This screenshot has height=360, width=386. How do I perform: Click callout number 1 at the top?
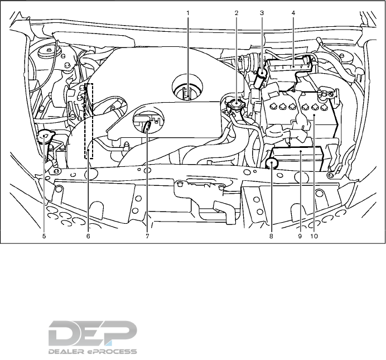(x=188, y=12)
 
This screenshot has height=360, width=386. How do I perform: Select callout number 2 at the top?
(x=237, y=12)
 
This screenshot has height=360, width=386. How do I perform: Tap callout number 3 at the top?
(x=262, y=12)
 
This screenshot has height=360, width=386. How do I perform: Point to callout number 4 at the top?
(x=293, y=12)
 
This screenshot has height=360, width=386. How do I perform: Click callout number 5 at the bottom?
(x=44, y=236)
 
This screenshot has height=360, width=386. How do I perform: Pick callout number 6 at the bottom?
(x=88, y=236)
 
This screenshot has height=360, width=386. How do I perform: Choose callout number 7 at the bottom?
(x=147, y=236)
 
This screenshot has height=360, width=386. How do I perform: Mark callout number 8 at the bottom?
(x=272, y=236)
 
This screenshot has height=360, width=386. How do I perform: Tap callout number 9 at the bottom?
(x=300, y=236)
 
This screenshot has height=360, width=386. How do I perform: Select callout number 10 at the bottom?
(x=314, y=236)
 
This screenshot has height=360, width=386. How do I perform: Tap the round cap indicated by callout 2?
(x=237, y=103)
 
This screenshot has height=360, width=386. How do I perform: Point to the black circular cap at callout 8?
(x=272, y=163)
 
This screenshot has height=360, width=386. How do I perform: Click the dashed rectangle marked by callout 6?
(x=89, y=120)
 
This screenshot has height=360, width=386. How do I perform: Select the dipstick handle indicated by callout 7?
(x=147, y=126)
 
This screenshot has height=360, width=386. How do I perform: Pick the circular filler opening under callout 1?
(x=187, y=90)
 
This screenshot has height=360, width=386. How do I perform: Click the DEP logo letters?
(x=92, y=333)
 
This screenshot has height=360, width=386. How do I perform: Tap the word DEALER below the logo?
(x=66, y=352)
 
